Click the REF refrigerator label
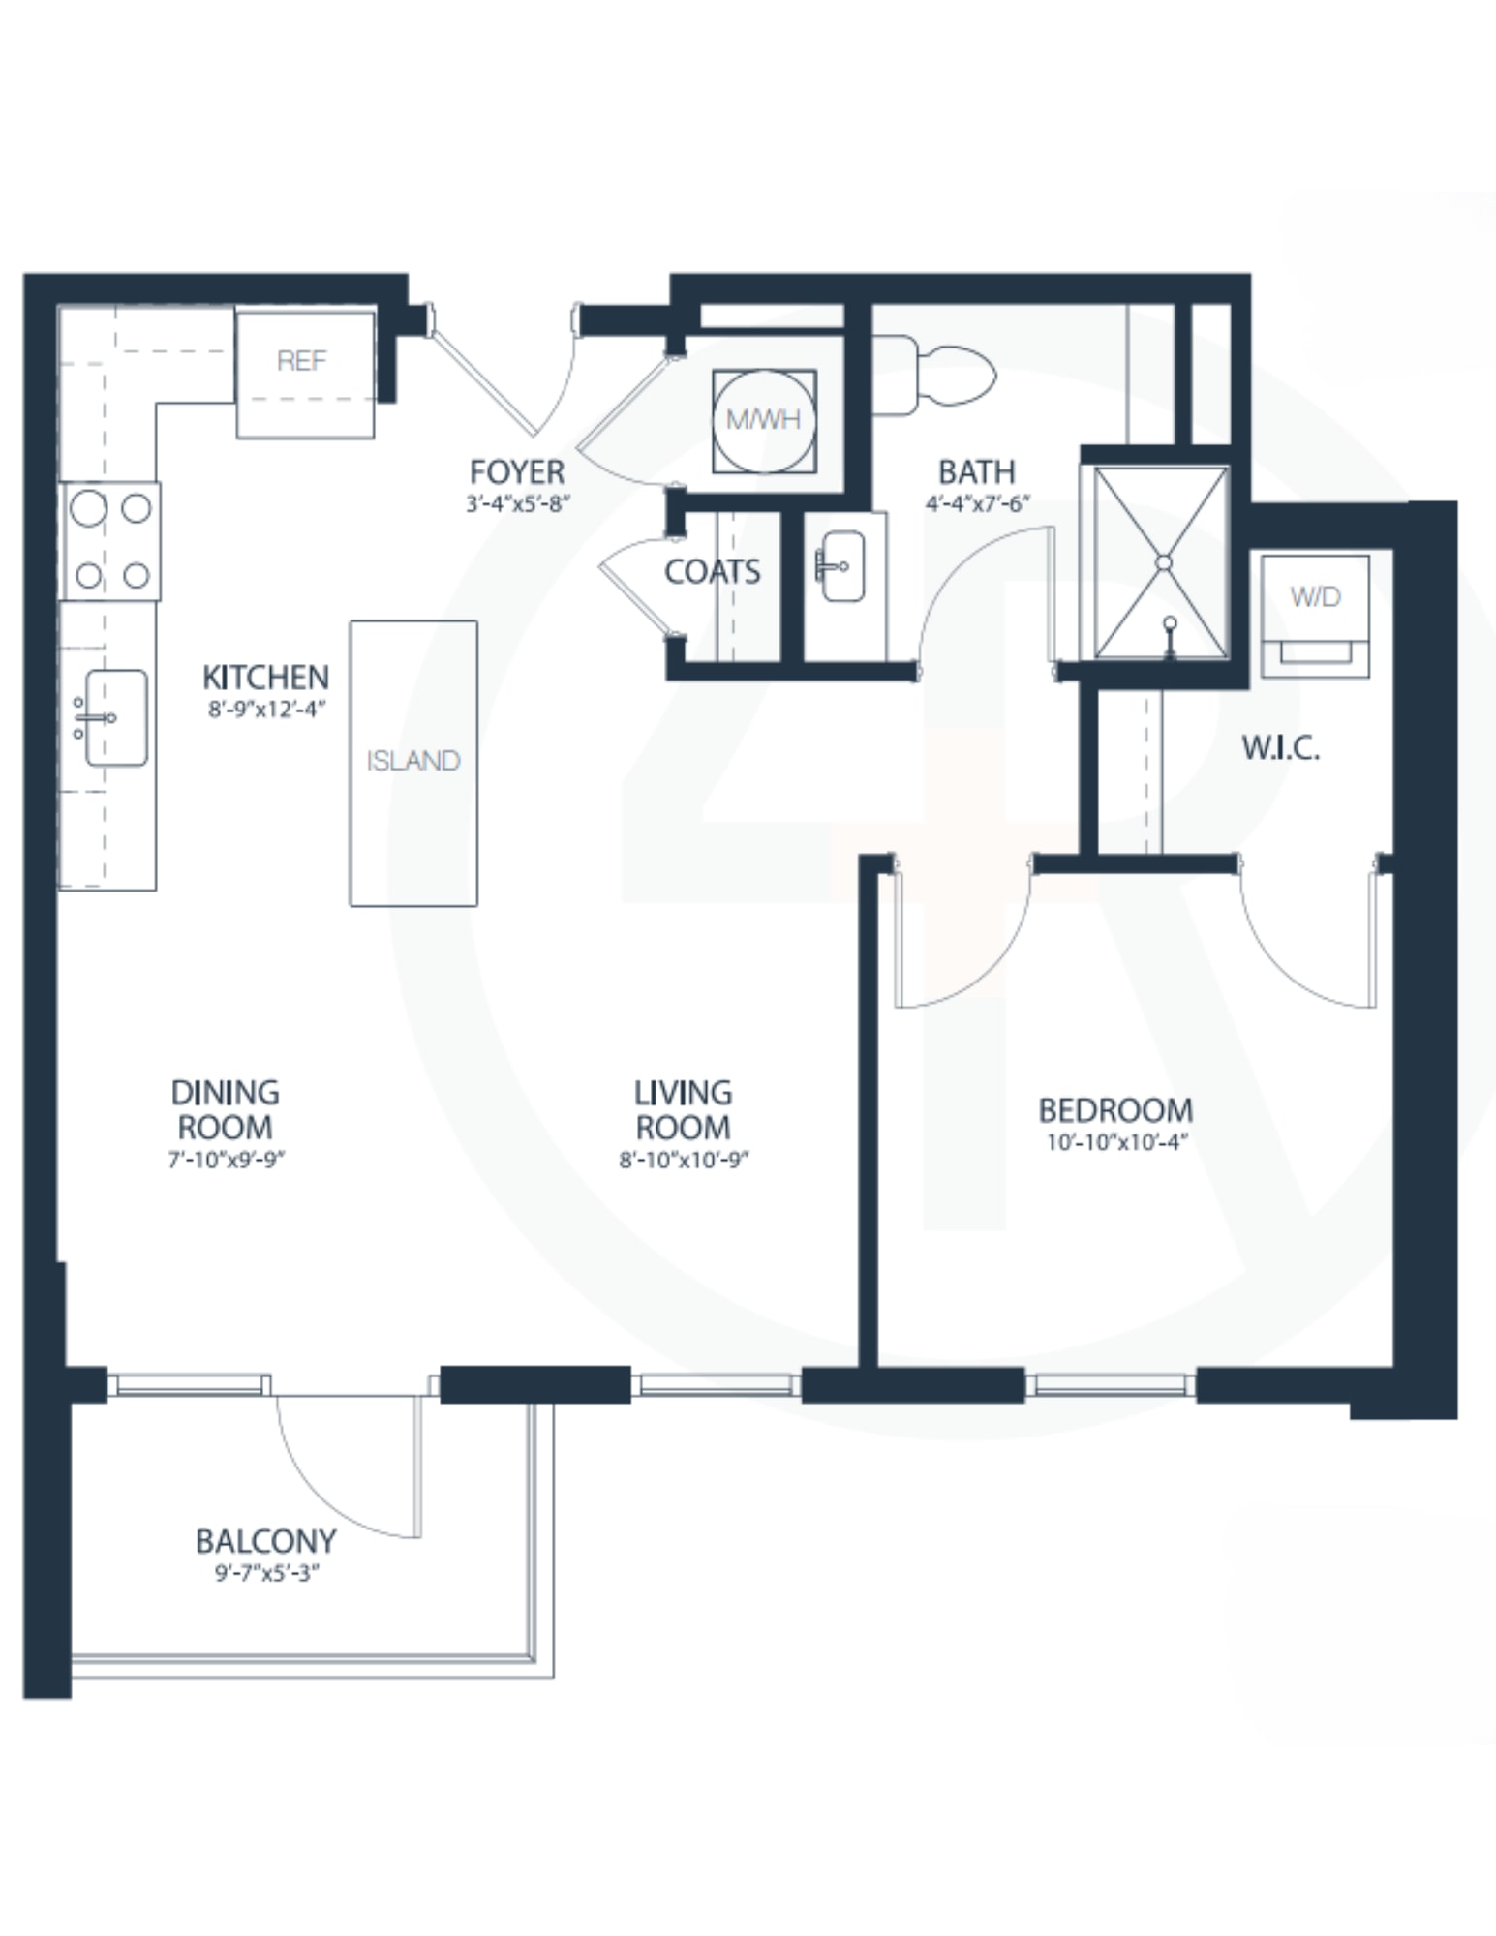(301, 361)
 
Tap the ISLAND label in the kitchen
(413, 761)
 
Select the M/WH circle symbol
(764, 420)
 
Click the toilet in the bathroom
(934, 376)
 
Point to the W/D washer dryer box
(1315, 615)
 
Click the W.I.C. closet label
(1281, 747)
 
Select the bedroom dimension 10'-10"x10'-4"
(1116, 1142)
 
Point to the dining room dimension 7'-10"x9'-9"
(226, 1160)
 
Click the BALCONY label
(266, 1541)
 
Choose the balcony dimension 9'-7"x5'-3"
(267, 1573)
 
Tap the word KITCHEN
(266, 677)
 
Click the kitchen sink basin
(116, 717)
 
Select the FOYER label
(517, 472)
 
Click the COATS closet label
(713, 572)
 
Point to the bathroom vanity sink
(841, 565)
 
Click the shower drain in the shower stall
(1164, 562)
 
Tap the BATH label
(977, 472)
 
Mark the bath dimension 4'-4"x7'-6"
(977, 503)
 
